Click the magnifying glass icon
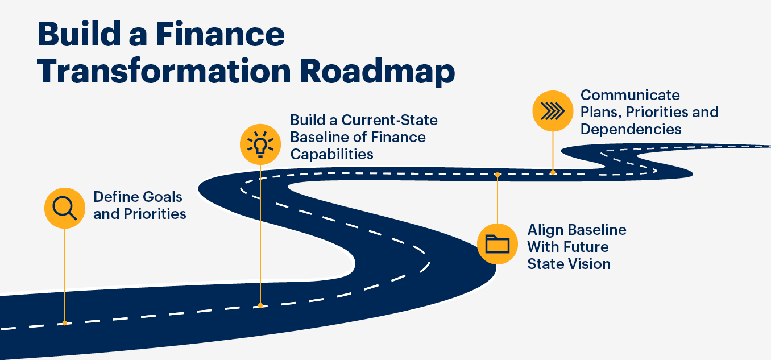[64, 208]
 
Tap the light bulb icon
[260, 144]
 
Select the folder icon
[497, 244]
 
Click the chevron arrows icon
[553, 111]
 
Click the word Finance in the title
[220, 34]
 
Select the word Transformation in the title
[164, 71]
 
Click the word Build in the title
[79, 34]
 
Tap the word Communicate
[630, 95]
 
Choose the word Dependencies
[631, 130]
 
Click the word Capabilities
[331, 154]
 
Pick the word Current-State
[389, 120]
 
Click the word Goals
[162, 197]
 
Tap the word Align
[545, 230]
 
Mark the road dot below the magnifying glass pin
[64, 323]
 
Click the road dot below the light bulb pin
[260, 305]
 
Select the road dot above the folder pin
[497, 175]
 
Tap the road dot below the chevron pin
[553, 172]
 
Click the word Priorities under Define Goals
[155, 214]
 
